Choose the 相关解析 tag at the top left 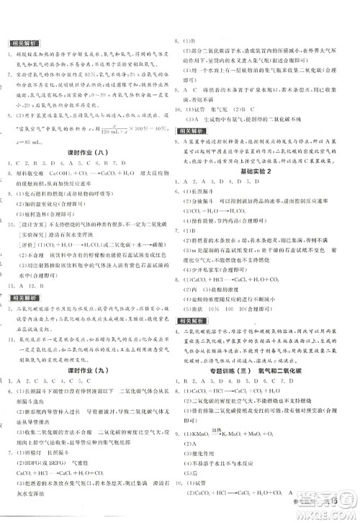click(x=22, y=43)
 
